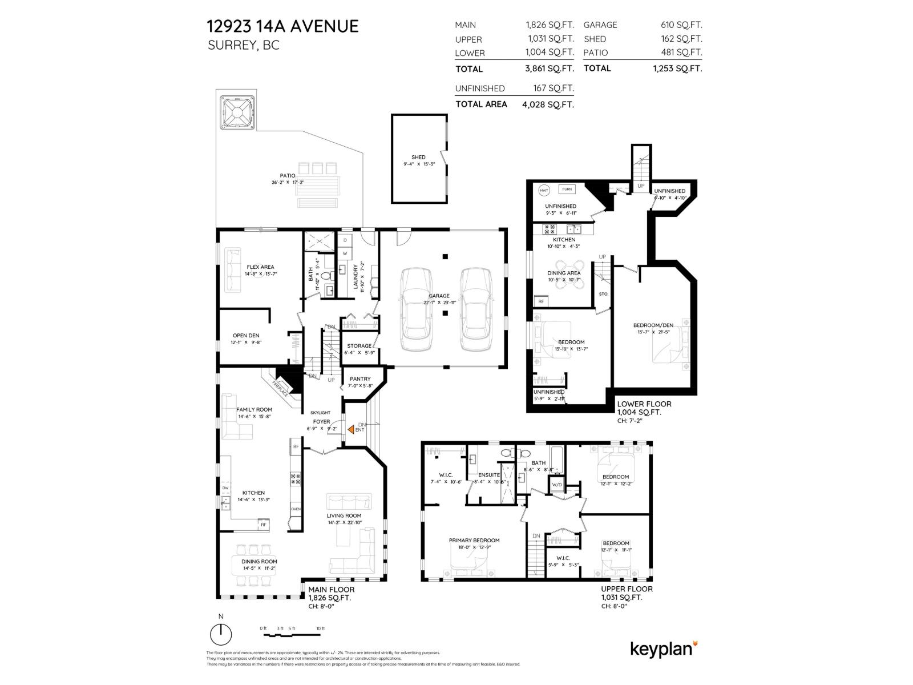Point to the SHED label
[x=418, y=158]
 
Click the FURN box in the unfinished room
[x=567, y=189]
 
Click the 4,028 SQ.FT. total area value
[x=548, y=105]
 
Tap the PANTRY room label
[x=360, y=379]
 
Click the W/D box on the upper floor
[x=556, y=485]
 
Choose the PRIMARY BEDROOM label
[x=474, y=541]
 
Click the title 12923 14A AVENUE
[x=282, y=26]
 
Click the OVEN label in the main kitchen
[x=296, y=509]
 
